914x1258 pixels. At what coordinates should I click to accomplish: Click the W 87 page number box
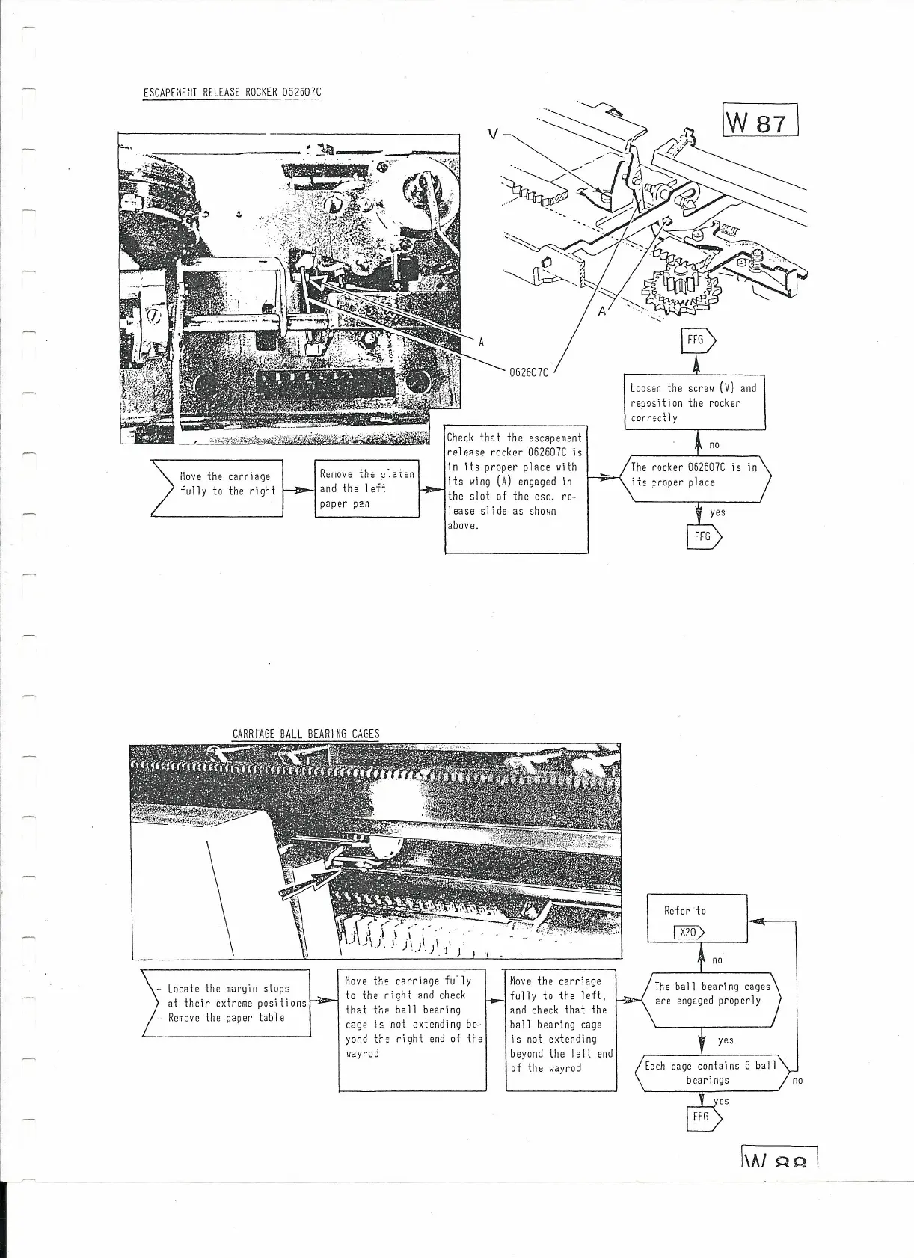761,120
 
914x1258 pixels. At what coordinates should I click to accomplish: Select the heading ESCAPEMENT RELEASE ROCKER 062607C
232,93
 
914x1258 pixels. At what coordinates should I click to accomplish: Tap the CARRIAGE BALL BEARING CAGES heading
306,734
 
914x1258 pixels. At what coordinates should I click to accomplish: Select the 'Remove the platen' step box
366,488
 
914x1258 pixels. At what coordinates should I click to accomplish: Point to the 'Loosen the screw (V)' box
694,402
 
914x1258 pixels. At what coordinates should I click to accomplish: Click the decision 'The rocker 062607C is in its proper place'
694,476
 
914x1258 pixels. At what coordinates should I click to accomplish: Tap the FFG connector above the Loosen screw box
698,340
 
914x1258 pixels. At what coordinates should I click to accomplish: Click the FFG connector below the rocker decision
703,536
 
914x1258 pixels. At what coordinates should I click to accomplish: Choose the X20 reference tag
689,932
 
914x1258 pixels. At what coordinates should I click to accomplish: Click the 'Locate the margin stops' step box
227,1003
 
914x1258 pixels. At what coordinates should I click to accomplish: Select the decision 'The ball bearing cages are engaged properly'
707,994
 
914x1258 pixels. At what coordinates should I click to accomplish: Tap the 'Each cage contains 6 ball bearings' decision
711,1073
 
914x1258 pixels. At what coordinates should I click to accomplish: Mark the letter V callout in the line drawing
492,134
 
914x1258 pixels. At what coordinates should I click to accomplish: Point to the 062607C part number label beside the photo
528,372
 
